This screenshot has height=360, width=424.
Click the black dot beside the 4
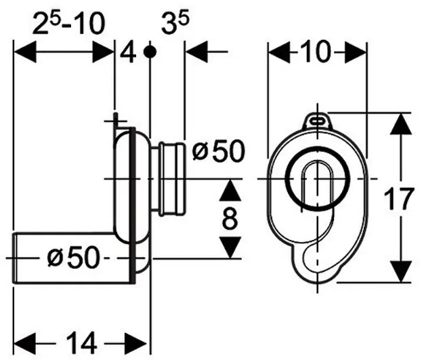pyautogui.click(x=150, y=52)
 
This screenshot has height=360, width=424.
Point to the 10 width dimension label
pyautogui.click(x=317, y=51)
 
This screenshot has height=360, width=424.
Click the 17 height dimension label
pyautogui.click(x=398, y=199)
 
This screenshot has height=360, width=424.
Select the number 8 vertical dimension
pyautogui.click(x=230, y=218)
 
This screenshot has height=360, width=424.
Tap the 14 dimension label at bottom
pyautogui.click(x=82, y=343)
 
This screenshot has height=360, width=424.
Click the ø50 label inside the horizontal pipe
pyautogui.click(x=73, y=258)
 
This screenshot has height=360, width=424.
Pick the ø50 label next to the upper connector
pyautogui.click(x=218, y=152)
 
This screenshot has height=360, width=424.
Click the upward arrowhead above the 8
pyautogui.click(x=230, y=191)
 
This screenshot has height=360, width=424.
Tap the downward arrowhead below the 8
pyautogui.click(x=230, y=247)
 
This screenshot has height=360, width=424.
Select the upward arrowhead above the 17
pyautogui.click(x=401, y=123)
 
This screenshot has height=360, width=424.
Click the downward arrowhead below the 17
pyautogui.click(x=401, y=271)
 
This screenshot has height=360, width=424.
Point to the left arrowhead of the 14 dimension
pyautogui.click(x=25, y=344)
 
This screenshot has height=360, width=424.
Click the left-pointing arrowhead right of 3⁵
pyautogui.click(x=197, y=52)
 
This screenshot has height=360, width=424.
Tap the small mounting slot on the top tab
pyautogui.click(x=317, y=121)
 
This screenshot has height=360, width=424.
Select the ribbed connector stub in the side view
pyautogui.click(x=168, y=179)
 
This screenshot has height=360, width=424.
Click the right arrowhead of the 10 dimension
pyautogui.click(x=356, y=52)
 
